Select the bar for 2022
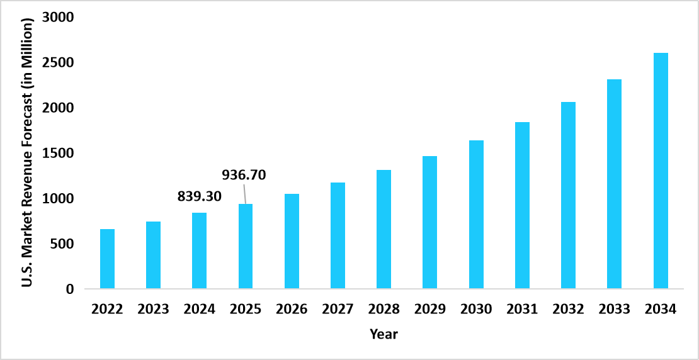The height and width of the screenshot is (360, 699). tap(107, 259)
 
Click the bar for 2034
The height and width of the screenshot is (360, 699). tap(661, 171)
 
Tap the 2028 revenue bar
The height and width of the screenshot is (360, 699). tap(384, 229)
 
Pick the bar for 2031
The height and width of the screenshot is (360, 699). tap(522, 205)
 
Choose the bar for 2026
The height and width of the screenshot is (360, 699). tap(292, 241)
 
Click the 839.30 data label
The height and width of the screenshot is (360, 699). tap(200, 196)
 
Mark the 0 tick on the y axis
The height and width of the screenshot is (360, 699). tap(70, 290)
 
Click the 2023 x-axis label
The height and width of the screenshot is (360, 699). tap(153, 310)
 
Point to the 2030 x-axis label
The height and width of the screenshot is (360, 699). tap(476, 310)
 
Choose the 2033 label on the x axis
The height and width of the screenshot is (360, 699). tap(615, 310)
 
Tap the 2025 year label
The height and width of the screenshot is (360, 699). tap(246, 310)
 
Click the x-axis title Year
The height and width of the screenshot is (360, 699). tap(384, 334)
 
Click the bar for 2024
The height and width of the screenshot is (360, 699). tap(200, 250)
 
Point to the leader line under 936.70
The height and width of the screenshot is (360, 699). tap(244, 194)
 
